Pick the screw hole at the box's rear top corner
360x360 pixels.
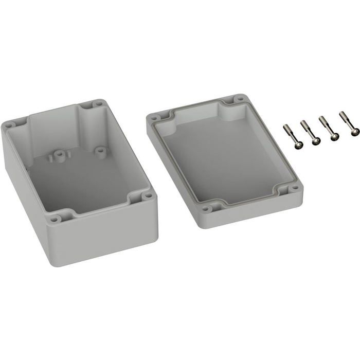[96, 104]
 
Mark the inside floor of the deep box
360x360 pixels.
[82, 180]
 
